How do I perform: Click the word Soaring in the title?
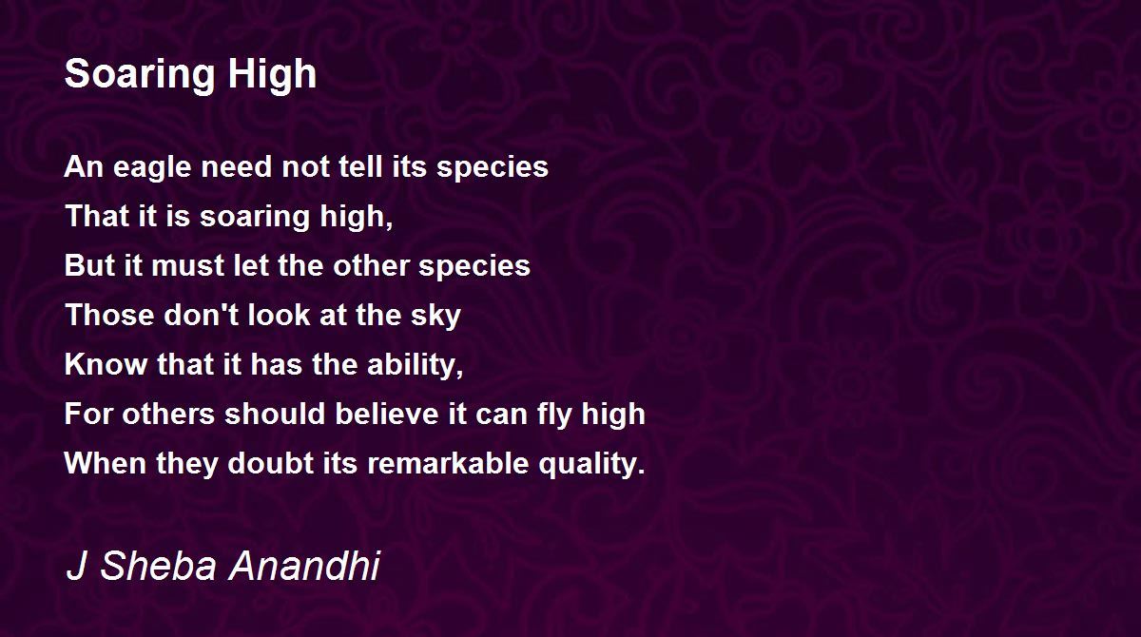point(140,75)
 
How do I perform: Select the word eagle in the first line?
point(152,168)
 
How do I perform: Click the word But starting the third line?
point(89,265)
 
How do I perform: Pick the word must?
point(188,266)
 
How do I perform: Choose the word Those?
point(109,315)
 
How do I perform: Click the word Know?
point(106,364)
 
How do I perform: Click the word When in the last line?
point(106,463)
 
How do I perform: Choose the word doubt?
point(270,463)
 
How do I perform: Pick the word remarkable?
point(448,463)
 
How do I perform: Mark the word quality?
point(591,464)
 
